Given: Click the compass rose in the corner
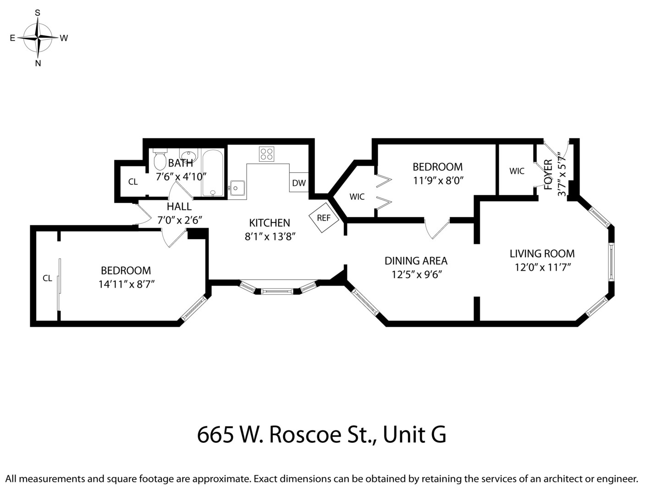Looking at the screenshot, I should click(39, 38).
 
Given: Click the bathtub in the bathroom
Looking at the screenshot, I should click(213, 173).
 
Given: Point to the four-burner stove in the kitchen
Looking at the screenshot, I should click(266, 154).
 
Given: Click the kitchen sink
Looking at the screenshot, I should click(237, 187).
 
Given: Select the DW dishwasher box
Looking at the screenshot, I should click(299, 183).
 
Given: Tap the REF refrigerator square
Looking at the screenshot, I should click(324, 218).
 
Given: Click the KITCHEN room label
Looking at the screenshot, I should click(270, 223).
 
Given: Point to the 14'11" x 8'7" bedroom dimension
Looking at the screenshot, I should click(126, 284).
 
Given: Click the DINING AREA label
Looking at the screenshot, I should click(416, 261).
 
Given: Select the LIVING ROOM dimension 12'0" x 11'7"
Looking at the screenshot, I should click(542, 267).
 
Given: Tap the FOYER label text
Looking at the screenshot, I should click(548, 174).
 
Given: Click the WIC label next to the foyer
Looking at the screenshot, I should click(517, 171).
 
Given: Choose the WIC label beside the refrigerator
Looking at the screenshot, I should click(357, 197).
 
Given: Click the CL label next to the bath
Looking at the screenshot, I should click(133, 182).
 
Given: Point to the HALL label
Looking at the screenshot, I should click(179, 207).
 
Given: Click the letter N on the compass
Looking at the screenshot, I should click(38, 64).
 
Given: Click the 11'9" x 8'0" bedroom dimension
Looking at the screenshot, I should click(438, 180).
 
